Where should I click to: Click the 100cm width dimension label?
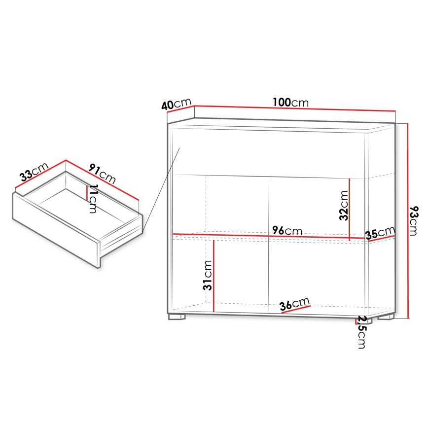(x=290, y=103)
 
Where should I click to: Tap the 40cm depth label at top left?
(x=176, y=104)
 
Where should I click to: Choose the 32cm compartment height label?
(x=344, y=205)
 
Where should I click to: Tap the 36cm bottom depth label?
(x=294, y=304)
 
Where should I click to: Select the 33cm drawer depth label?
(x=33, y=173)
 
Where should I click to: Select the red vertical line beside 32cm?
(x=350, y=210)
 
